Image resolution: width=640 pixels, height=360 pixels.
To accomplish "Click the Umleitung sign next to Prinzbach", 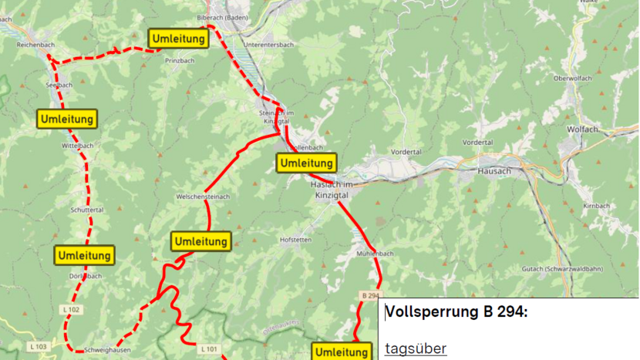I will (x=178, y=38).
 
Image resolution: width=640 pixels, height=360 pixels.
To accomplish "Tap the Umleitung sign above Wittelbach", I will (x=67, y=119).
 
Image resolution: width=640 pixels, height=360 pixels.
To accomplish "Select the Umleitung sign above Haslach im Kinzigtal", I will (x=306, y=163).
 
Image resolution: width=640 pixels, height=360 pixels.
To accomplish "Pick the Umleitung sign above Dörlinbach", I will (x=85, y=255).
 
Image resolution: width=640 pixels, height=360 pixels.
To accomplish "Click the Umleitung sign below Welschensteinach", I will (x=200, y=241).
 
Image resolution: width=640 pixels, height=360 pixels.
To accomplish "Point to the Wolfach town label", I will (x=582, y=129).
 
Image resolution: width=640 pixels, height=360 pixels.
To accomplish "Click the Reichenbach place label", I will (x=35, y=45).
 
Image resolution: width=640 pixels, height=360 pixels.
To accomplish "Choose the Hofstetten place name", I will (x=297, y=240).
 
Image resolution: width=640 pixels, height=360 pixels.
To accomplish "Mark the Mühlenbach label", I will (x=376, y=254).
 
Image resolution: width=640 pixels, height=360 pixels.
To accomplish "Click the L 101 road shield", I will (x=209, y=349).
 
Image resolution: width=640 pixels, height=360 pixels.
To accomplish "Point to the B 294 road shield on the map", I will (x=370, y=295).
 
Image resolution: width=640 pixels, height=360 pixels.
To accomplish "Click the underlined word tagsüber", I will (x=416, y=349).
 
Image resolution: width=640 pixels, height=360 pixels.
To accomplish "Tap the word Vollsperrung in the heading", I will (x=427, y=312).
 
